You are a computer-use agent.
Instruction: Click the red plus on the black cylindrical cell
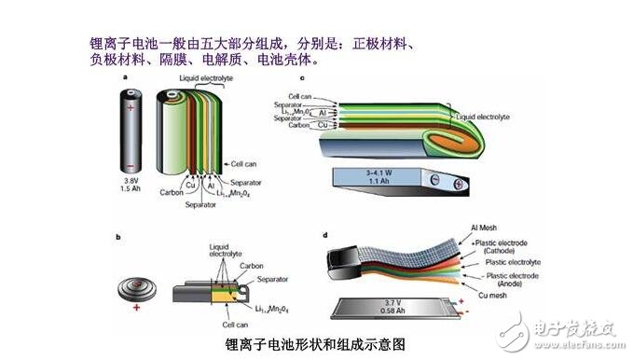[131, 110]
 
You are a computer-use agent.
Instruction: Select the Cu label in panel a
[192, 185]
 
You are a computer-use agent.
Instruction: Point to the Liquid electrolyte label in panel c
[485, 118]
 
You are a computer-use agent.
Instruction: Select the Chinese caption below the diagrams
[316, 343]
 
